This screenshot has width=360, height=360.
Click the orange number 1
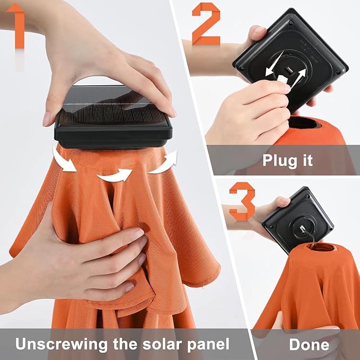coord(17,25)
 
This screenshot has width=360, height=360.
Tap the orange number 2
coord(206,24)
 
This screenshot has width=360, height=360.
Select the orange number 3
coord(243,201)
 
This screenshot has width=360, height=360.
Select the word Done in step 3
coord(309,345)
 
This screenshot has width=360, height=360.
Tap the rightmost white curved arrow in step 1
coord(164,163)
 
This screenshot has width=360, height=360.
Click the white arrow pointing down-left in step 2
coord(274,64)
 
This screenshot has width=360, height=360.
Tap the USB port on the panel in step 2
coord(288,69)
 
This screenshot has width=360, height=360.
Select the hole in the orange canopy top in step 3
coord(323,248)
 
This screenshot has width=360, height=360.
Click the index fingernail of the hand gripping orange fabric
coord(138,234)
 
